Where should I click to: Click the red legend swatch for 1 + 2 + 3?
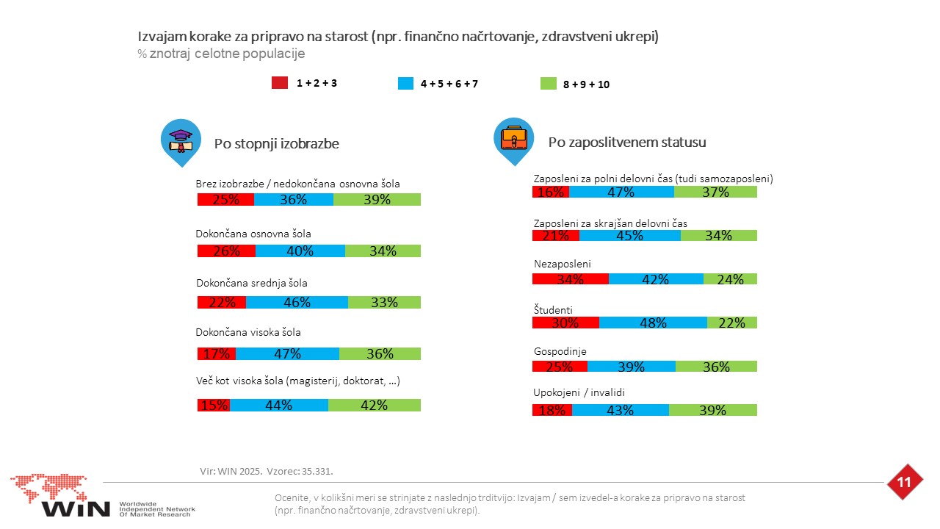[x=280, y=83]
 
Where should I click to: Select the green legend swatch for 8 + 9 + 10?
[x=548, y=84]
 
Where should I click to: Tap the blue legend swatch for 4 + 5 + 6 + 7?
[x=405, y=83]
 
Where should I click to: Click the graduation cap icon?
[x=181, y=140]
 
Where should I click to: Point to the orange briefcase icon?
[x=513, y=137]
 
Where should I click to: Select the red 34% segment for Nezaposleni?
[x=571, y=278]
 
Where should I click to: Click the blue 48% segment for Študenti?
[x=653, y=323]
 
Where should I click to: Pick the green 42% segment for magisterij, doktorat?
[x=375, y=405]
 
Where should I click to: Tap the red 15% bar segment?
[x=214, y=405]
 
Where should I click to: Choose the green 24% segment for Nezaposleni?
[x=730, y=278]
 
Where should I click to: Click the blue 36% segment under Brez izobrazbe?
[x=293, y=199]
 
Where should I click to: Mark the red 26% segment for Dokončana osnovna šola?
[x=226, y=251]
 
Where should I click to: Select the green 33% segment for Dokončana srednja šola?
[x=384, y=302]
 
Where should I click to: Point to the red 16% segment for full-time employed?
[x=551, y=192]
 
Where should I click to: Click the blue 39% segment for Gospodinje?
[x=631, y=366]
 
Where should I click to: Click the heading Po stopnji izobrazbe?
[x=277, y=143]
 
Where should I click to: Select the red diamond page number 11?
[x=904, y=482]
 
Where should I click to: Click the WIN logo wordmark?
[x=76, y=509]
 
